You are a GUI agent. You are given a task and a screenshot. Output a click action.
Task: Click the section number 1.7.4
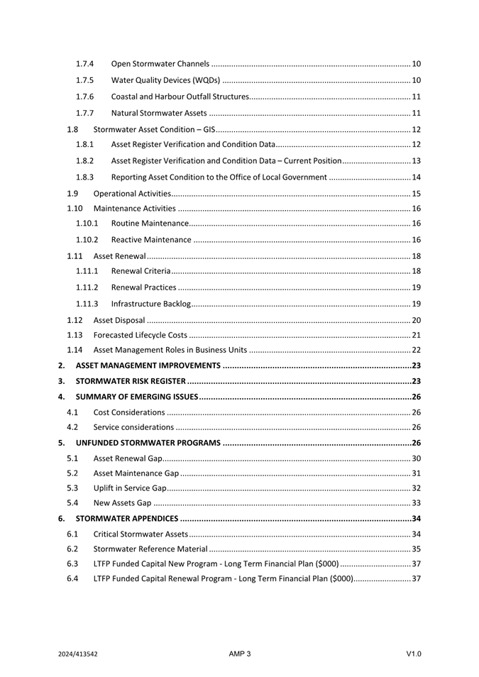85,65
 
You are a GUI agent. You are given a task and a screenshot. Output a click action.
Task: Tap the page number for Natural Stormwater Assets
417,113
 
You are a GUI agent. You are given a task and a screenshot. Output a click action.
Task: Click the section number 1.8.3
85,177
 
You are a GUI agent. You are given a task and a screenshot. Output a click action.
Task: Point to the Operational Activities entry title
132,194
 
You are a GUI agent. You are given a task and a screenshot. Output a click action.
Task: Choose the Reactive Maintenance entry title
151,240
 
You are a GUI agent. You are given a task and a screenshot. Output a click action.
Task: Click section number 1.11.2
87,287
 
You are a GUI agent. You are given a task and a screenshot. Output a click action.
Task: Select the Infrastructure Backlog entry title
151,304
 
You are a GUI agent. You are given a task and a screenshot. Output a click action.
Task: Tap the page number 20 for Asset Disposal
417,320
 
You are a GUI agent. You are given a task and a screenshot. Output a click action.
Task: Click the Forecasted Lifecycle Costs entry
141,335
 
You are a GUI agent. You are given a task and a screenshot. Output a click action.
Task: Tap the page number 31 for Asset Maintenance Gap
417,473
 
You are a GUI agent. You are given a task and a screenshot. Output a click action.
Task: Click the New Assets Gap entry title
122,503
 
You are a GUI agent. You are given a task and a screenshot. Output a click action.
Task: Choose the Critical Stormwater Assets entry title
141,534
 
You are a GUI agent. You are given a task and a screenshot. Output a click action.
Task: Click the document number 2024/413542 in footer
78,654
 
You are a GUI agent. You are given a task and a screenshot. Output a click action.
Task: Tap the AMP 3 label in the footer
240,654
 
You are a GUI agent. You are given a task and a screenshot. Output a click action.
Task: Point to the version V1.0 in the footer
414,654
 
